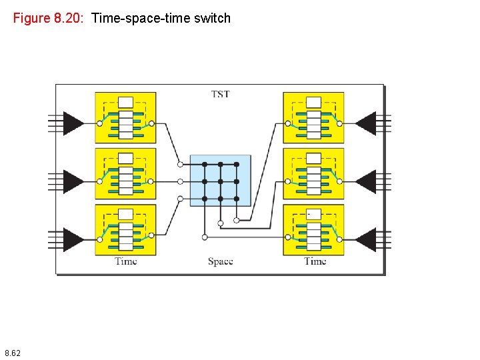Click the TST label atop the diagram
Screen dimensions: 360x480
[220, 94]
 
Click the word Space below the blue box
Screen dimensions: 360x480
[220, 261]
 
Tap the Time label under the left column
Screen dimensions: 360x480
[125, 261]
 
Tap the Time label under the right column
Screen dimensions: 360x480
[315, 261]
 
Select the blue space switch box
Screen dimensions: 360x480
[220, 180]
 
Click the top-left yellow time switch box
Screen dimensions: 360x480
[125, 117]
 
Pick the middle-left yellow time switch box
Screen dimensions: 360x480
[125, 173]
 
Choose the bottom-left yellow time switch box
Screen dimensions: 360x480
[125, 229]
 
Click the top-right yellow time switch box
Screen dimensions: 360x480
[313, 117]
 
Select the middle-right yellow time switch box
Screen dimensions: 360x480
[313, 173]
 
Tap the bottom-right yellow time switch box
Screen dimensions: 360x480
[313, 229]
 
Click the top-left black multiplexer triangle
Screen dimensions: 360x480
[72, 123]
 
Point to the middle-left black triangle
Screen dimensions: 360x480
[72, 181]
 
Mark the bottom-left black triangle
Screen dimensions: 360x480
[72, 239]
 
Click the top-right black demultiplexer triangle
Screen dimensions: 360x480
[366, 123]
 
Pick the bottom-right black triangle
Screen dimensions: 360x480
[366, 239]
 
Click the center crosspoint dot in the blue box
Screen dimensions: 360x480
[220, 181]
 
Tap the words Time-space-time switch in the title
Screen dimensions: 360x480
[161, 18]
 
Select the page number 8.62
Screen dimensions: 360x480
[12, 352]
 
